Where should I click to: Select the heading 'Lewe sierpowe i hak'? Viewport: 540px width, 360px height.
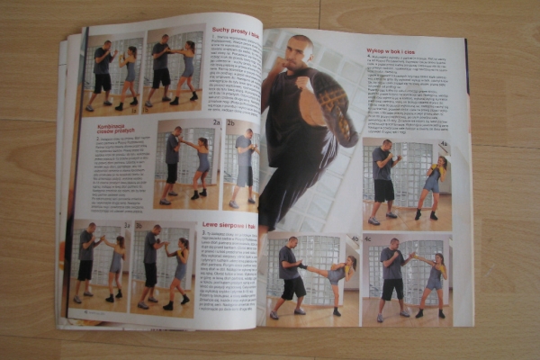(x=228, y=226)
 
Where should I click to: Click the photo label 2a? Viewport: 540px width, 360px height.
(x=215, y=122)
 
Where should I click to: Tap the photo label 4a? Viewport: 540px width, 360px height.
(x=443, y=144)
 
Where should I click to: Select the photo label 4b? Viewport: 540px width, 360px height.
(x=355, y=239)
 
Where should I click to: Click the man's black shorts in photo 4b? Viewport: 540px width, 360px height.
(x=293, y=287)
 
